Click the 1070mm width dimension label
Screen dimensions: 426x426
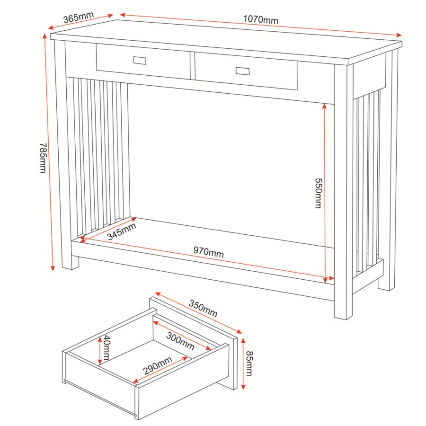pos(260,19)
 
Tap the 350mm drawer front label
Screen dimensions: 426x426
pos(203,308)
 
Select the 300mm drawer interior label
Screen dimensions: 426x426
pos(180,341)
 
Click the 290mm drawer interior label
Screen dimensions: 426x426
pos(157,367)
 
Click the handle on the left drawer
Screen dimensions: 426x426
pos(140,61)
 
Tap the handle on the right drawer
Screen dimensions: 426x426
pos(242,71)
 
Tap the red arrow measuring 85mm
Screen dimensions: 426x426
pos(243,364)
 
